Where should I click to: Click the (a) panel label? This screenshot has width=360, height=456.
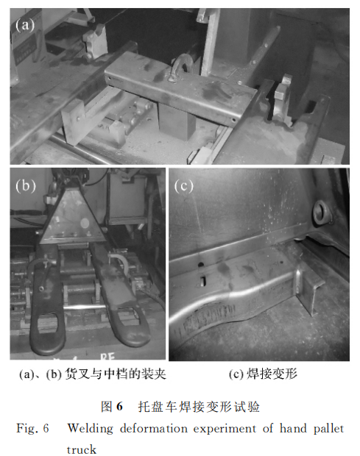25,25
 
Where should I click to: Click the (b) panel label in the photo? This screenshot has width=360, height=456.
26,185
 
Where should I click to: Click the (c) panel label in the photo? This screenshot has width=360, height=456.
183,185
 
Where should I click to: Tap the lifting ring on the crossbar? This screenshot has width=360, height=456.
183,68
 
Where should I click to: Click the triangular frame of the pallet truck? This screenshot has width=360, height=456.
72,217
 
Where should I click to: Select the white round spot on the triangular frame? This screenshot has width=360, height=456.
85,223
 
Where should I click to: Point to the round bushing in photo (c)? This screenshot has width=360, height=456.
322,213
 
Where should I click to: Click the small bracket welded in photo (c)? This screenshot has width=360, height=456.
309,291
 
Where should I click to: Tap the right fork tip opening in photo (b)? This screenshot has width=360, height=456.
127,316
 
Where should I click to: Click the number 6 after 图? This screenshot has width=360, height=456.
119,406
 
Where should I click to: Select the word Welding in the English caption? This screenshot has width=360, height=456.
90,429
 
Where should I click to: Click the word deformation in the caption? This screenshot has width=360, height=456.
154,428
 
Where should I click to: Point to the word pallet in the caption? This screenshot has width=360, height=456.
328,428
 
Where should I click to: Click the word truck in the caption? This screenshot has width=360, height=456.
81,449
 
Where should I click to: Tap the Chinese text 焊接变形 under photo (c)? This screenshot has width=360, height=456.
272,374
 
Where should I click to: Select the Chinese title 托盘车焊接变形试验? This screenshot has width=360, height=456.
199,406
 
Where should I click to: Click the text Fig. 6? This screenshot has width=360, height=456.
32,429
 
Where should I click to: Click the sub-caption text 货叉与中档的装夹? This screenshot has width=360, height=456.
115,374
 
